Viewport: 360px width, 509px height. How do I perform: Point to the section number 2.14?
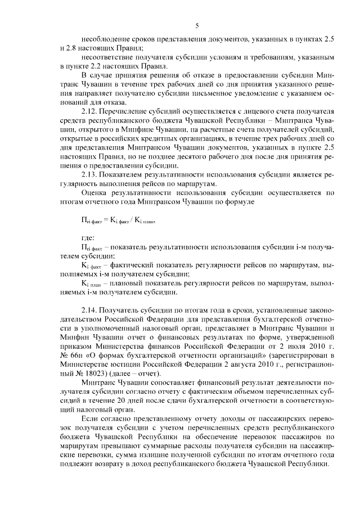pyautogui.click(x=92, y=310)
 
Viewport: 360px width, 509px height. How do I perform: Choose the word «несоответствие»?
pyautogui.click(x=109, y=58)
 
